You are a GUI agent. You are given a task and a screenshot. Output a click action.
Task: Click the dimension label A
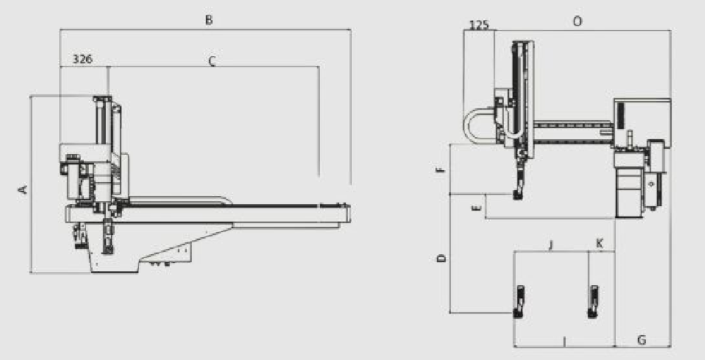(23, 189)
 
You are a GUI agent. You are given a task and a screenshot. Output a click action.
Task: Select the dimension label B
(208, 20)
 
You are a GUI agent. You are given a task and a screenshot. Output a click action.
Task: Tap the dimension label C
(212, 60)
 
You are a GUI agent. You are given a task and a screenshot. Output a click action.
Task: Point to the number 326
(82, 59)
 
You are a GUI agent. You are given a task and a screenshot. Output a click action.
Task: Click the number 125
(479, 25)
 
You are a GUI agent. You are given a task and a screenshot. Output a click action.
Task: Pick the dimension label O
(577, 21)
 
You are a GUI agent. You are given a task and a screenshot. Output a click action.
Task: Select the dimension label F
(441, 169)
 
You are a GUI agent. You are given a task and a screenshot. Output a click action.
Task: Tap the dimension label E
(478, 208)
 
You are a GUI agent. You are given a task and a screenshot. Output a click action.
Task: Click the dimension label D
(442, 258)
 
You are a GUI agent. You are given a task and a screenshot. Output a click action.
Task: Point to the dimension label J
(551, 244)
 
